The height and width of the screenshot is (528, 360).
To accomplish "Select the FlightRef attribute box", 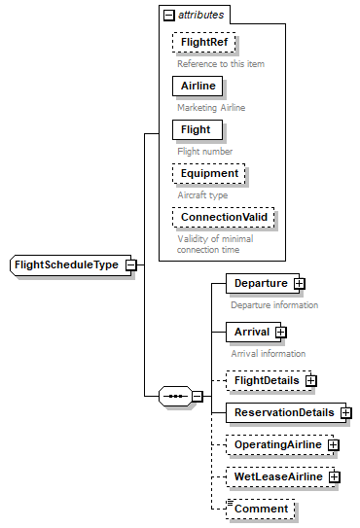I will [x=204, y=44].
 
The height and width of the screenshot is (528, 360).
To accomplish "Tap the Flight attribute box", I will [x=195, y=129].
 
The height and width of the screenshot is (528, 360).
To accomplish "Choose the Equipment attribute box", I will [x=208, y=174].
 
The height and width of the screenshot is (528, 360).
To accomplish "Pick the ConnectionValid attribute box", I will [x=223, y=217].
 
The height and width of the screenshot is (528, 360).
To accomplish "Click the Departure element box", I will [x=259, y=284].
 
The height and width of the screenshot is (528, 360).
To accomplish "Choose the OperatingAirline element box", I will [x=276, y=444].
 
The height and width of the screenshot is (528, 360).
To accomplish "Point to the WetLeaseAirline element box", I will [x=276, y=476].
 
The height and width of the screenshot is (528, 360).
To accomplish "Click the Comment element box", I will [x=261, y=509].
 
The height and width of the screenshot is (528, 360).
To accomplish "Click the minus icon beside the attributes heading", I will [x=169, y=16].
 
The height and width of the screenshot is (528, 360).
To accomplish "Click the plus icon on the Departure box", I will [x=300, y=284].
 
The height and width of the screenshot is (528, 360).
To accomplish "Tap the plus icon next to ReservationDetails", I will [x=345, y=412].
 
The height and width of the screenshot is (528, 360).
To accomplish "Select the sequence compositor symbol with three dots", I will [x=175, y=396].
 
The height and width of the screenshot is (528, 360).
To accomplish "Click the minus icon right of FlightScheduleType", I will [x=129, y=264].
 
